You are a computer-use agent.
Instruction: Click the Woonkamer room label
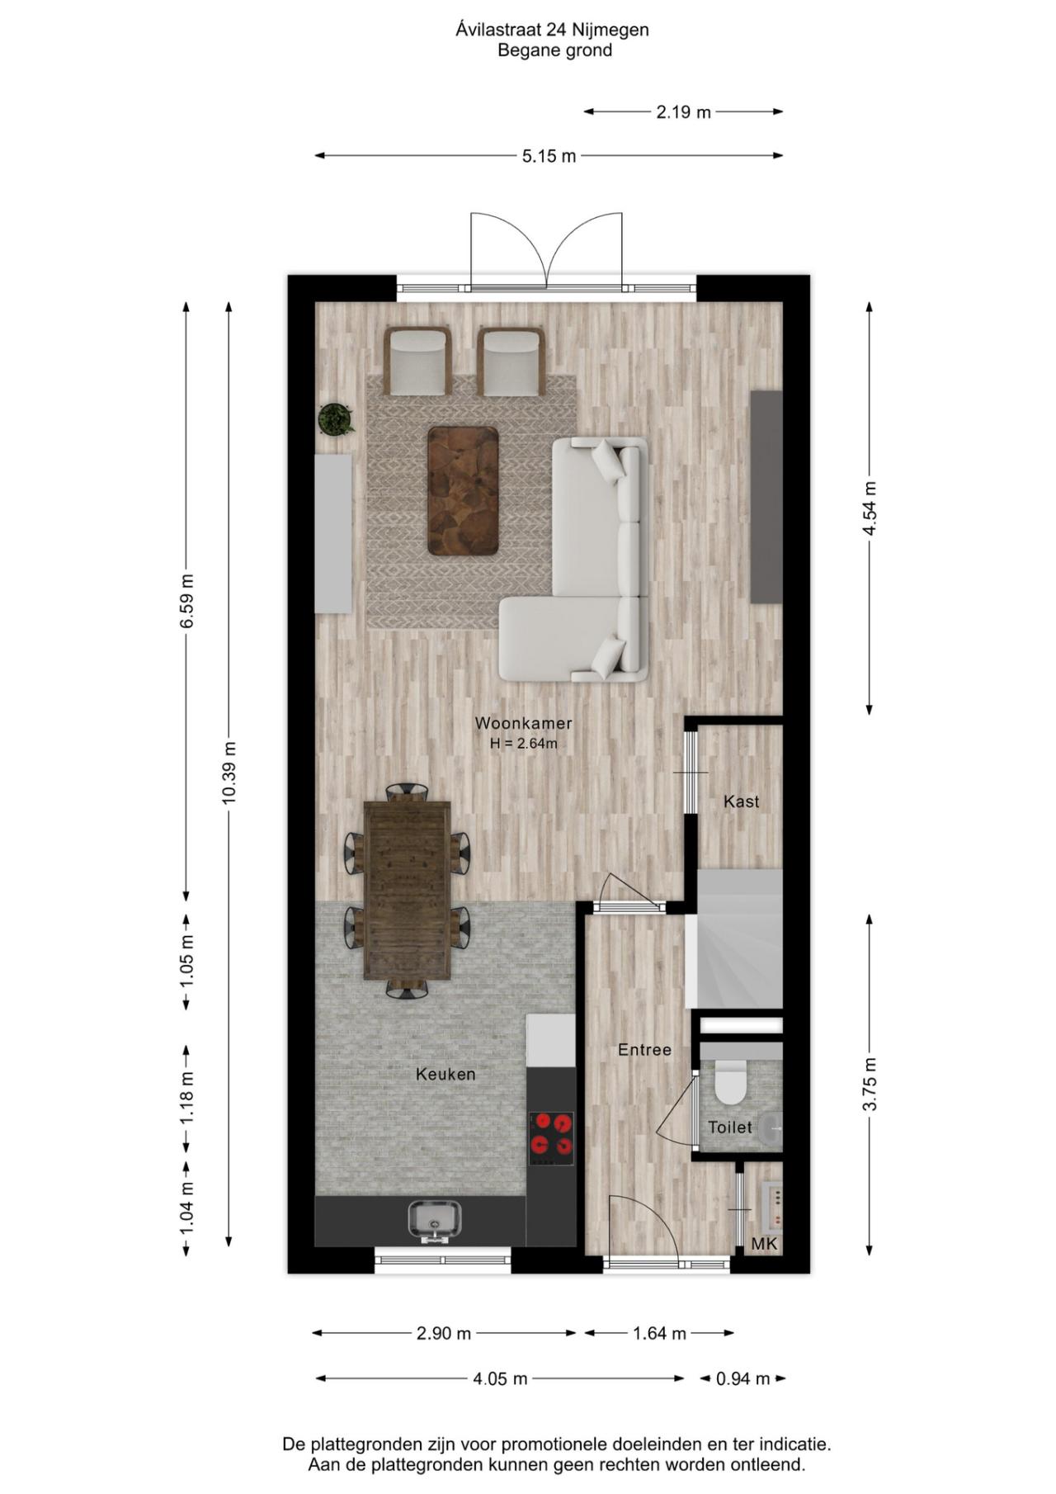pos(523,723)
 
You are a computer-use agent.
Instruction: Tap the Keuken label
pos(445,1074)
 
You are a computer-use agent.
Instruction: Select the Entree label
pos(644,1049)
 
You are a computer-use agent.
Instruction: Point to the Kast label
pos(741,801)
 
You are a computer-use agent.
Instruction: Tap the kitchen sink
pos(435,1220)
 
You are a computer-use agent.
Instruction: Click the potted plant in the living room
pos(335,419)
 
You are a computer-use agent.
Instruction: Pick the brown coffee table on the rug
pos(463,490)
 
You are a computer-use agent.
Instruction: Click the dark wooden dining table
pos(408,889)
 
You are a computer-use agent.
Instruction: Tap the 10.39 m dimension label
pos(229,772)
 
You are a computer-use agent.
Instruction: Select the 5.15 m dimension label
pos(549,155)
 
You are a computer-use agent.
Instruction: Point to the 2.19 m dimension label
pos(683,111)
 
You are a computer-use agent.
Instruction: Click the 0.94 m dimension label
pos(742,1378)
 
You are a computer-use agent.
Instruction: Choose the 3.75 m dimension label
pos(869,1084)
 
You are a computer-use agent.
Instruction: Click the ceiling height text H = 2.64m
pos(523,743)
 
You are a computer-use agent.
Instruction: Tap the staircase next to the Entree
pos(739,938)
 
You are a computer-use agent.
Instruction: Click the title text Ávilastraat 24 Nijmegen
pos(552,30)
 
